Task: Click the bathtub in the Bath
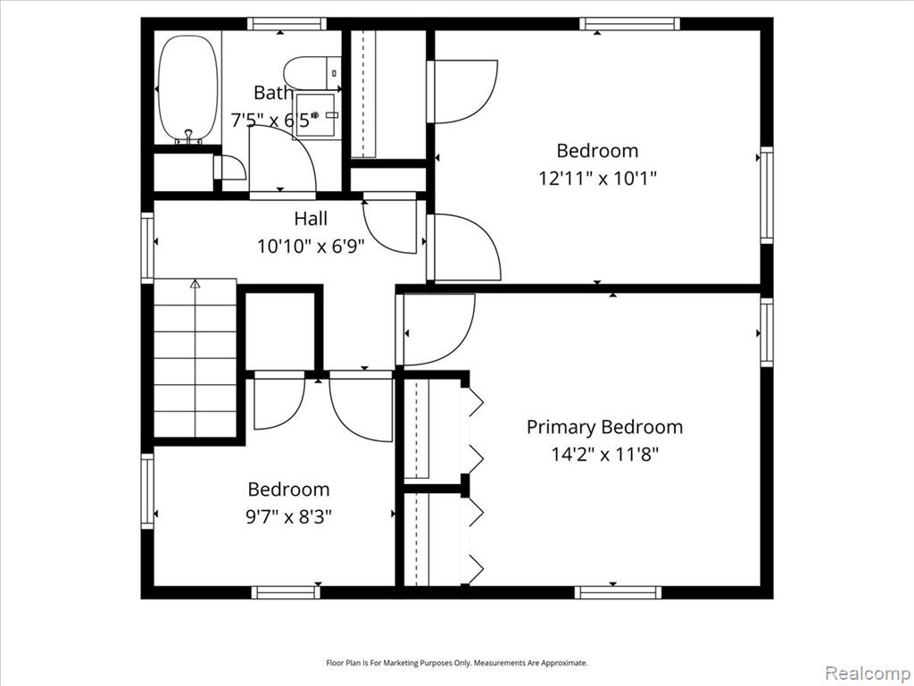click(188, 88)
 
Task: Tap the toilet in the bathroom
click(312, 73)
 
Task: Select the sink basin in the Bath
click(315, 115)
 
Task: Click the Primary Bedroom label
click(604, 427)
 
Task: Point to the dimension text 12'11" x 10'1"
click(597, 178)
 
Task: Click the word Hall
click(311, 219)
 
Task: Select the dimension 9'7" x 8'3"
click(288, 516)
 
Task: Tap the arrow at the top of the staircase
click(195, 284)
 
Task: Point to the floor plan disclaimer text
click(456, 664)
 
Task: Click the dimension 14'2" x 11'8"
click(605, 455)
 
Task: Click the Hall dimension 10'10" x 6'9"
click(311, 247)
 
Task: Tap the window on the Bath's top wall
click(287, 24)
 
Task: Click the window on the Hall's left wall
click(147, 248)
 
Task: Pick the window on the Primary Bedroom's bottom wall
click(618, 593)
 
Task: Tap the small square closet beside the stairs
click(279, 330)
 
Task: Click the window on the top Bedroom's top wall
click(630, 24)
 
